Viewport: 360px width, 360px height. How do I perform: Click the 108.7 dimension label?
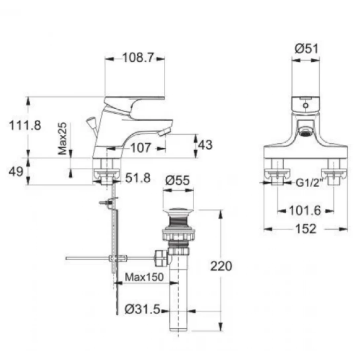coord(138,58)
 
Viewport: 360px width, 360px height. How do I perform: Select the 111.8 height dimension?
coord(25,126)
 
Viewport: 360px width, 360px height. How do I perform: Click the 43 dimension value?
coord(205,145)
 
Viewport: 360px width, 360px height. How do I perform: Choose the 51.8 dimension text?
coord(138,178)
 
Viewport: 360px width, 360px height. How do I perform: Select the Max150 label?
coord(144,277)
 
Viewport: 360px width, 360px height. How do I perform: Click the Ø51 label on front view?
coord(306,49)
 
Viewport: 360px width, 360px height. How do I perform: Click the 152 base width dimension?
coord(306,229)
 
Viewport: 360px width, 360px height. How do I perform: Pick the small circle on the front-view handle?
coord(306,106)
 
